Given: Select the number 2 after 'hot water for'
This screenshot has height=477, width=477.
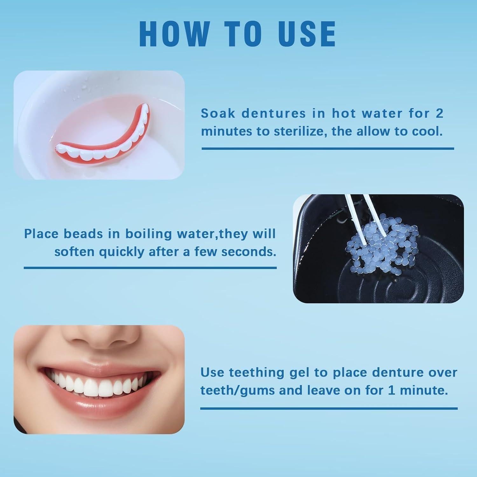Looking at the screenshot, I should [439, 114].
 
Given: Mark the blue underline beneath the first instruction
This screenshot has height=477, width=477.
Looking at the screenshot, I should [328, 148].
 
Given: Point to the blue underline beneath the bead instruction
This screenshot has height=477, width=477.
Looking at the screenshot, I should [150, 268].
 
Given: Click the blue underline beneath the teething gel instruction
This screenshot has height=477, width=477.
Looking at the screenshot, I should [328, 408].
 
